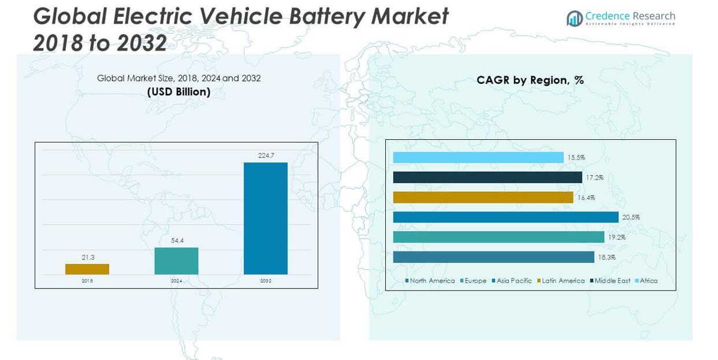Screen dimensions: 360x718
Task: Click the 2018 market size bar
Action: [87, 269]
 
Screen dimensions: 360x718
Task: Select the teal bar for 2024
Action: [176, 261]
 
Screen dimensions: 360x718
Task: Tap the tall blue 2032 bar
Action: [266, 218]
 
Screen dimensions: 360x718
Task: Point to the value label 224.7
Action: [266, 155]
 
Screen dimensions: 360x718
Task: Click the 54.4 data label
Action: [176, 240]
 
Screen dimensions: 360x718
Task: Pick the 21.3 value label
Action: [87, 257]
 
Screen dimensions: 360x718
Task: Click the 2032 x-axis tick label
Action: [266, 281]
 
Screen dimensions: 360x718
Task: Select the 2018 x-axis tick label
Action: [87, 281]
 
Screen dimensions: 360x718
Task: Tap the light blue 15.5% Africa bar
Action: [478, 158]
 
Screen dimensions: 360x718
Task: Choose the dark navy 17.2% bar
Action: [488, 177]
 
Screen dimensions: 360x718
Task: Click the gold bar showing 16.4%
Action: [483, 198]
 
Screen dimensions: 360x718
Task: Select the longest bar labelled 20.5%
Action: [505, 217]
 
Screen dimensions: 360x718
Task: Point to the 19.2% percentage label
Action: [616, 237]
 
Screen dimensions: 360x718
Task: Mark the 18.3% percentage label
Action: [607, 257]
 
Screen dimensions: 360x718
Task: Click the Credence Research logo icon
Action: [574, 18]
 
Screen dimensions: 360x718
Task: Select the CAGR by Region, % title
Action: [530, 80]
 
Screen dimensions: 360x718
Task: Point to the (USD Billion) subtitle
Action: [178, 92]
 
